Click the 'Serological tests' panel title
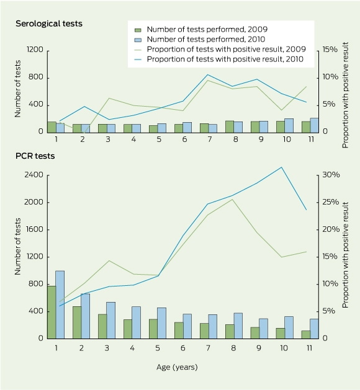point(49,24)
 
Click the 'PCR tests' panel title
point(35,156)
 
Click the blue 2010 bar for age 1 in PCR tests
point(60,304)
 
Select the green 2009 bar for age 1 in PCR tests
point(52,312)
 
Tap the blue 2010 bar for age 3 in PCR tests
point(110,321)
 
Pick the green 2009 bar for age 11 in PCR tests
point(306,335)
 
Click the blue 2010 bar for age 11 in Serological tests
point(314,125)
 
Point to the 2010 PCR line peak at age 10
point(282,167)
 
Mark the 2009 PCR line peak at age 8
point(232,199)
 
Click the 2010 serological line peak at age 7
point(207,74)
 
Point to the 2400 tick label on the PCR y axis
point(34,175)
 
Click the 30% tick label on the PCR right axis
point(331,175)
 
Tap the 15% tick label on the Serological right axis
point(330,50)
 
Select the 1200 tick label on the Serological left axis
point(35,50)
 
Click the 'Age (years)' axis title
point(177,367)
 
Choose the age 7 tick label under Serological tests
point(209,140)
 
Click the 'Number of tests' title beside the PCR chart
point(17,247)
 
